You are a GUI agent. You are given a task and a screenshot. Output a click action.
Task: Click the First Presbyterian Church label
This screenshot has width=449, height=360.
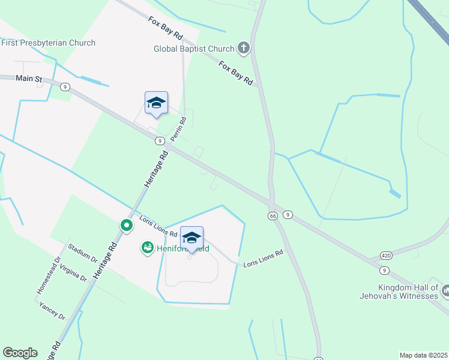click(x=48, y=43)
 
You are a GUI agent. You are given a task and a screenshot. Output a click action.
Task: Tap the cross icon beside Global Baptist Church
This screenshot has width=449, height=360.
click(x=243, y=48)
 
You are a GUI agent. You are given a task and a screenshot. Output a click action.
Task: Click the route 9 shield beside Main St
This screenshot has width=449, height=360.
click(x=65, y=86)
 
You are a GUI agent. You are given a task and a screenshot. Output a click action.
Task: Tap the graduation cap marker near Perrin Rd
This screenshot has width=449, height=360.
click(x=156, y=103)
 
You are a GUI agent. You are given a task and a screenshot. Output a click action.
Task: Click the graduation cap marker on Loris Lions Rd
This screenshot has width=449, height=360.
click(x=191, y=238)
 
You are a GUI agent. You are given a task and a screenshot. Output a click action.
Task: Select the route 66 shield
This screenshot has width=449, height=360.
click(x=273, y=215)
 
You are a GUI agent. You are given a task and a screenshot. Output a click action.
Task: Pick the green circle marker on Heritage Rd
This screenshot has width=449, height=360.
click(x=127, y=226)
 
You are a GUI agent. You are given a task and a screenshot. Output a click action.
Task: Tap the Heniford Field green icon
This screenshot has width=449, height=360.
click(x=147, y=247)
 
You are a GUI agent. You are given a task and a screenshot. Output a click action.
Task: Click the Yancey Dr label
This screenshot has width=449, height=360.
click(x=52, y=311)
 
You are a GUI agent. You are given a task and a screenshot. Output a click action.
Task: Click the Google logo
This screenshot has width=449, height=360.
click(x=20, y=353)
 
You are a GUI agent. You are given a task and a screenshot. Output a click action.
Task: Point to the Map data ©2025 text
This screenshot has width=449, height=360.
click(x=423, y=355)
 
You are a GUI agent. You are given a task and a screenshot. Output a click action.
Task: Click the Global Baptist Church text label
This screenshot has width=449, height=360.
click(x=193, y=48)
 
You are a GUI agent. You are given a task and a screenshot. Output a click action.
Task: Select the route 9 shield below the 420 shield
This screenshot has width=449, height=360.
click(x=384, y=271)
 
